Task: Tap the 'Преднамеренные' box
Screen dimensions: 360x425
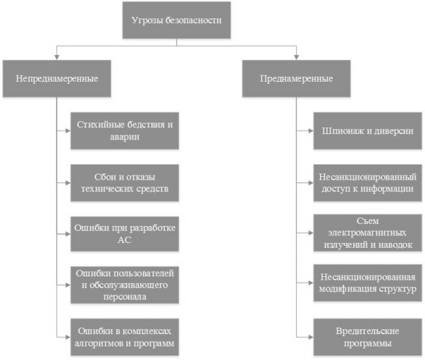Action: (296, 78)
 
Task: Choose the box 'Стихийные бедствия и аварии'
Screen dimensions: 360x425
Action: (126, 130)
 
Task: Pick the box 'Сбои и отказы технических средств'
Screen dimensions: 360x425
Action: (126, 182)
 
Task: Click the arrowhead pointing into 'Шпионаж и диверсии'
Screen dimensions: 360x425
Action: (311, 130)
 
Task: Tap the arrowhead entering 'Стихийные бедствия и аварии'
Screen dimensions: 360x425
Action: (68, 130)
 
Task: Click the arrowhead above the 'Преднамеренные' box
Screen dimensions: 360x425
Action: (296, 57)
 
